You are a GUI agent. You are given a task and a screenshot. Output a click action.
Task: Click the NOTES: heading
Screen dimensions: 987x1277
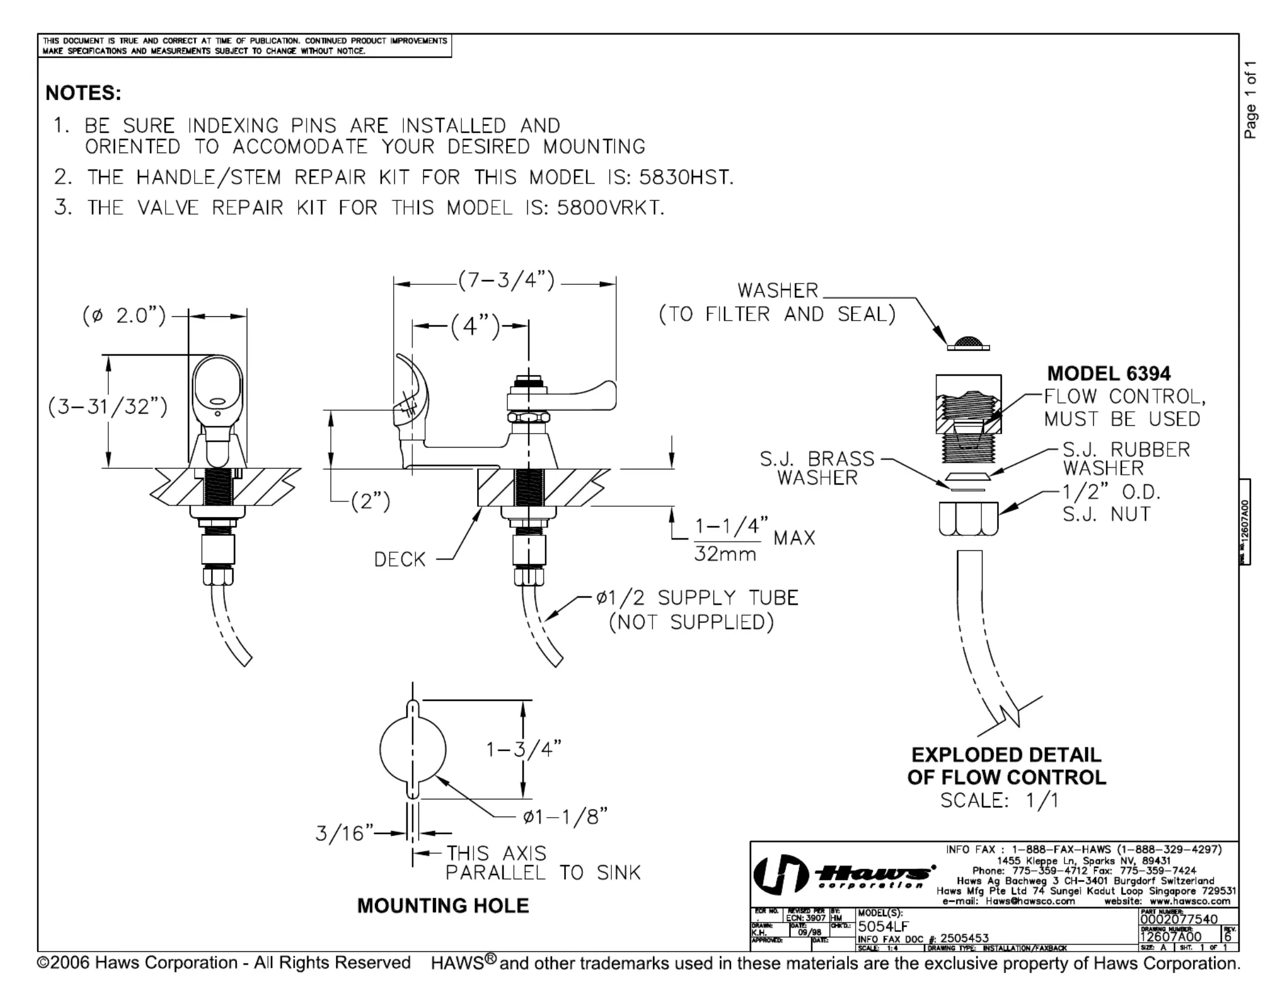click(83, 93)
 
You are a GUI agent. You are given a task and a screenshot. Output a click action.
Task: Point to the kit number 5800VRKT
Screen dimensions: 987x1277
click(610, 207)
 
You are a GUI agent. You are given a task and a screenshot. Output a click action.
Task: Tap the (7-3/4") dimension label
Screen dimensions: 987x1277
click(505, 281)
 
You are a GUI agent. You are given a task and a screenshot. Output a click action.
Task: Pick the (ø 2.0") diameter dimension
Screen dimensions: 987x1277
click(124, 316)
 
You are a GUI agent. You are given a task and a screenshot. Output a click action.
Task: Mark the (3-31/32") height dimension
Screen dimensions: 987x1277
click(108, 406)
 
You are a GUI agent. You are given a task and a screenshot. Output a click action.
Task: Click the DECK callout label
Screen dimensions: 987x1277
click(400, 559)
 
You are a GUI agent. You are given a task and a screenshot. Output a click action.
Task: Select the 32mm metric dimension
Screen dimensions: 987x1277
click(725, 553)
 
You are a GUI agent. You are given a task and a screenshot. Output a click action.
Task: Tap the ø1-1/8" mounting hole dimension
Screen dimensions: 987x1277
click(565, 817)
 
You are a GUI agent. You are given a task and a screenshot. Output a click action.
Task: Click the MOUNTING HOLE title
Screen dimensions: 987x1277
click(443, 905)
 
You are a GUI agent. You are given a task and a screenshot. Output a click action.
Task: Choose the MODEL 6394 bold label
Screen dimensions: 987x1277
click(1108, 373)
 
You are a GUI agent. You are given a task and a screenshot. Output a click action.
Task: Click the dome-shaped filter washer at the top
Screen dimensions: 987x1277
click(968, 343)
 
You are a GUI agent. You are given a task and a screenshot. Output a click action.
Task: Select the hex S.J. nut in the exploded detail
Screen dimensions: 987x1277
click(968, 518)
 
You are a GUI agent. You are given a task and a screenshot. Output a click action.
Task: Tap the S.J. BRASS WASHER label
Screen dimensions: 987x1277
click(817, 467)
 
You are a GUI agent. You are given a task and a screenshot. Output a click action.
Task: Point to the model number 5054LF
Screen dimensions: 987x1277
click(883, 926)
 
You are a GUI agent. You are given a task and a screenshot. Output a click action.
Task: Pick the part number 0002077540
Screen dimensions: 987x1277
click(1178, 919)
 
